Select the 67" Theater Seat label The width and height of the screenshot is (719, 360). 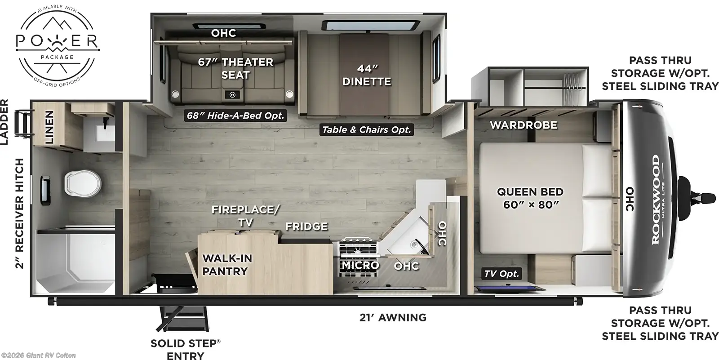tap(235, 68)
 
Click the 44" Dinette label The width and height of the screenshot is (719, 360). tap(366, 75)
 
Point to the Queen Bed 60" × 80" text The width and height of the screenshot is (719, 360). tap(530, 198)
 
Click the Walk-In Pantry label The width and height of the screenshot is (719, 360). tap(226, 265)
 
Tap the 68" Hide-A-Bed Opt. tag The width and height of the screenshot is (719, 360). tap(236, 116)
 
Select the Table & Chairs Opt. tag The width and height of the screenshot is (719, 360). tap(366, 130)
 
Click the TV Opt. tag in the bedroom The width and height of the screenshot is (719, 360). tap(502, 273)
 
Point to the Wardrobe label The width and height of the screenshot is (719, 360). tap(524, 125)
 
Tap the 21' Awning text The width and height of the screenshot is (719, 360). tap(393, 318)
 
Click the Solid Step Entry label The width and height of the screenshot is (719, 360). tap(185, 350)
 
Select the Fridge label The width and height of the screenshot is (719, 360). tap(306, 227)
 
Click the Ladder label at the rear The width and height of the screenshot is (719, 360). tap(4, 123)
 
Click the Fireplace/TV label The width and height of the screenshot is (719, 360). tap(245, 216)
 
